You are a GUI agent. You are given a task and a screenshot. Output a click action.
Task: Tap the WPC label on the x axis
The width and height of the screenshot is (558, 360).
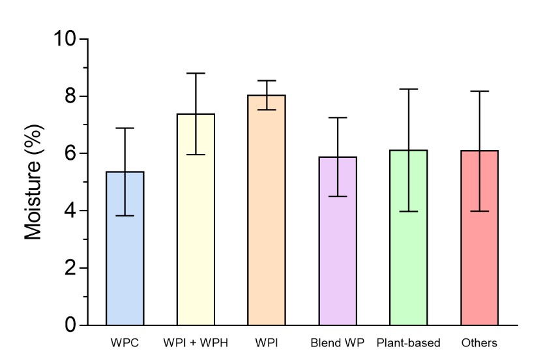click(125, 343)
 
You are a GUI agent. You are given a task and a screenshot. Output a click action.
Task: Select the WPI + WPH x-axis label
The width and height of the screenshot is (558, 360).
click(195, 343)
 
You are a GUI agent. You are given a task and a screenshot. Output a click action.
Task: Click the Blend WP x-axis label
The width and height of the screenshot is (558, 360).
click(337, 343)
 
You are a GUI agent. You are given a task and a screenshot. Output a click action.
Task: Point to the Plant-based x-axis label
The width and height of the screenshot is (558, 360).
click(409, 343)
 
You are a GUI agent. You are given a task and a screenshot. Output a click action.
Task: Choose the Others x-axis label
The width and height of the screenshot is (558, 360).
click(479, 343)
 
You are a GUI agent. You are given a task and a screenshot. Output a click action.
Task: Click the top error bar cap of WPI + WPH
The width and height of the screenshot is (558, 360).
click(196, 73)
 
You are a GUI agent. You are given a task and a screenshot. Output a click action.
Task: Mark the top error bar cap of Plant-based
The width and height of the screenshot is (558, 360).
click(409, 89)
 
